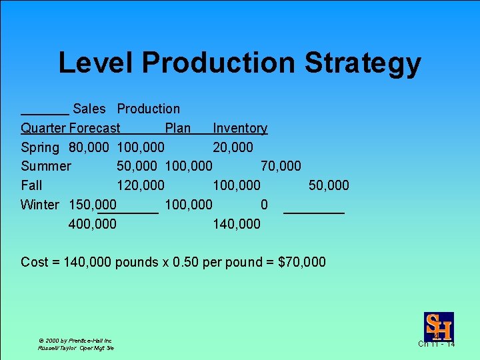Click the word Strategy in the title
coord(363,63)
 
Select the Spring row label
coord(40,147)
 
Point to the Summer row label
coord(46,166)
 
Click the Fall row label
coord(31,185)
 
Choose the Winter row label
coord(40,205)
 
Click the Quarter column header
coord(43,128)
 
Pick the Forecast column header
coord(95,128)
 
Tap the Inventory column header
coord(240,128)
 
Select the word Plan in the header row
coord(178,128)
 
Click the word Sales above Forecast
coord(89,109)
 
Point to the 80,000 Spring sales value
coord(89,147)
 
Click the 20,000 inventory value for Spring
coord(233,147)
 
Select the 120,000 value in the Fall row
coord(141,185)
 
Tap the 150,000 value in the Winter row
coord(93,205)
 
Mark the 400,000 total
coord(93,224)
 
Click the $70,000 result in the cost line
coord(303,262)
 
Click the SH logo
coord(439,326)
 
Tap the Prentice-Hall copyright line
coord(75,340)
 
